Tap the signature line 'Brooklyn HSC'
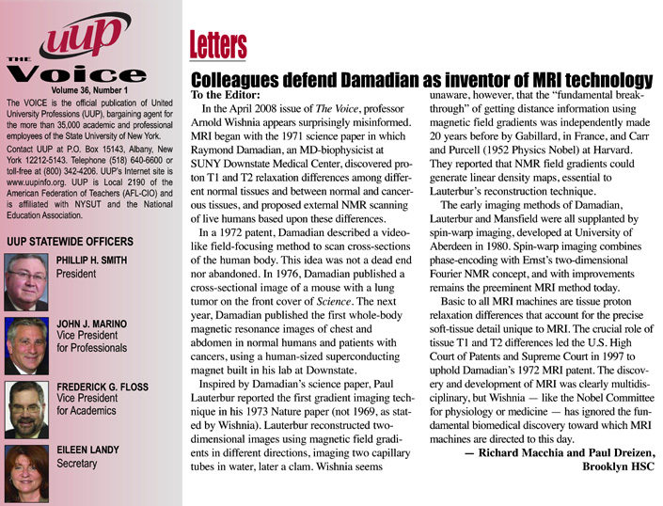pos(619,466)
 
